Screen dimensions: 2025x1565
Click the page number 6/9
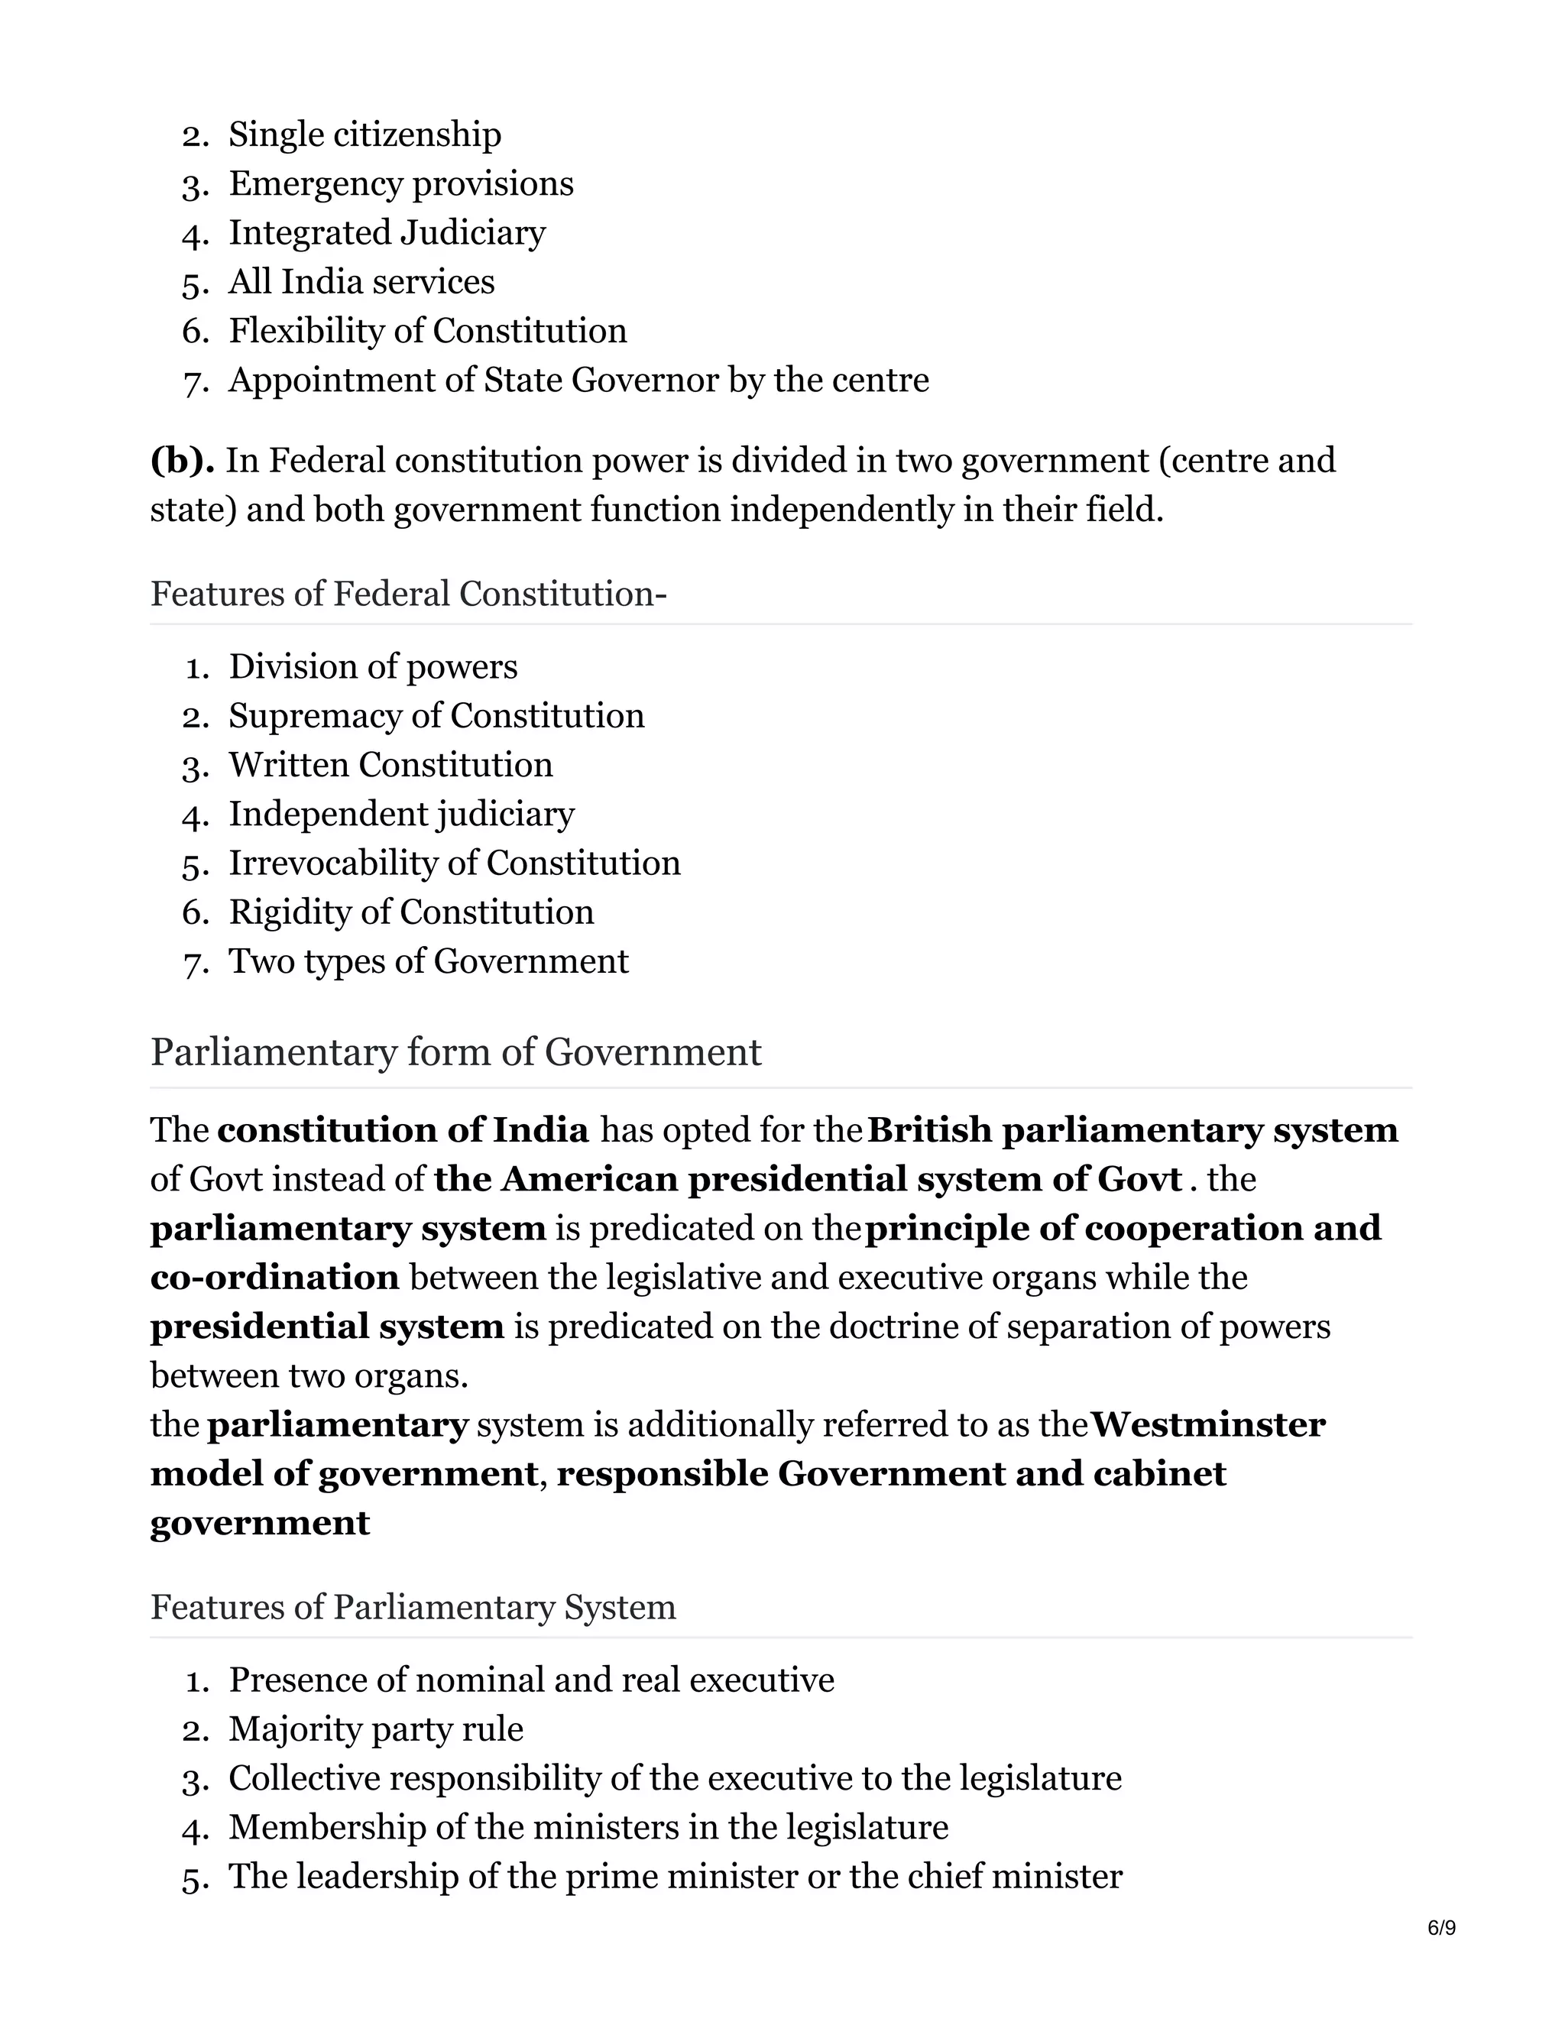tap(1440, 1928)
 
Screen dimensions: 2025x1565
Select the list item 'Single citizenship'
tap(365, 134)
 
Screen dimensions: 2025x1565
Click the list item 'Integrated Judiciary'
tap(387, 233)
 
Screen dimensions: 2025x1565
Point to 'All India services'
tap(361, 282)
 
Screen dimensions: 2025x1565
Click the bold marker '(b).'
tap(183, 461)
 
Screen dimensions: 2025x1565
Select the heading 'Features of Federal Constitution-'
tap(408, 594)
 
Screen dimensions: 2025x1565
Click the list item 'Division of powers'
tap(373, 666)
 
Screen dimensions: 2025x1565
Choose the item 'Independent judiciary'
tap(401, 814)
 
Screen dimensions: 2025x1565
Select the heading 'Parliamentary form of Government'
tap(455, 1052)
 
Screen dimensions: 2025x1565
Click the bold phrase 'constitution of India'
tap(403, 1130)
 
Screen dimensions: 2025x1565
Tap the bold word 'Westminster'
tap(1207, 1424)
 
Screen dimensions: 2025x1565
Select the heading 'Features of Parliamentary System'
tap(413, 1607)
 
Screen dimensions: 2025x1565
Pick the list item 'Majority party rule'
tap(375, 1729)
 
